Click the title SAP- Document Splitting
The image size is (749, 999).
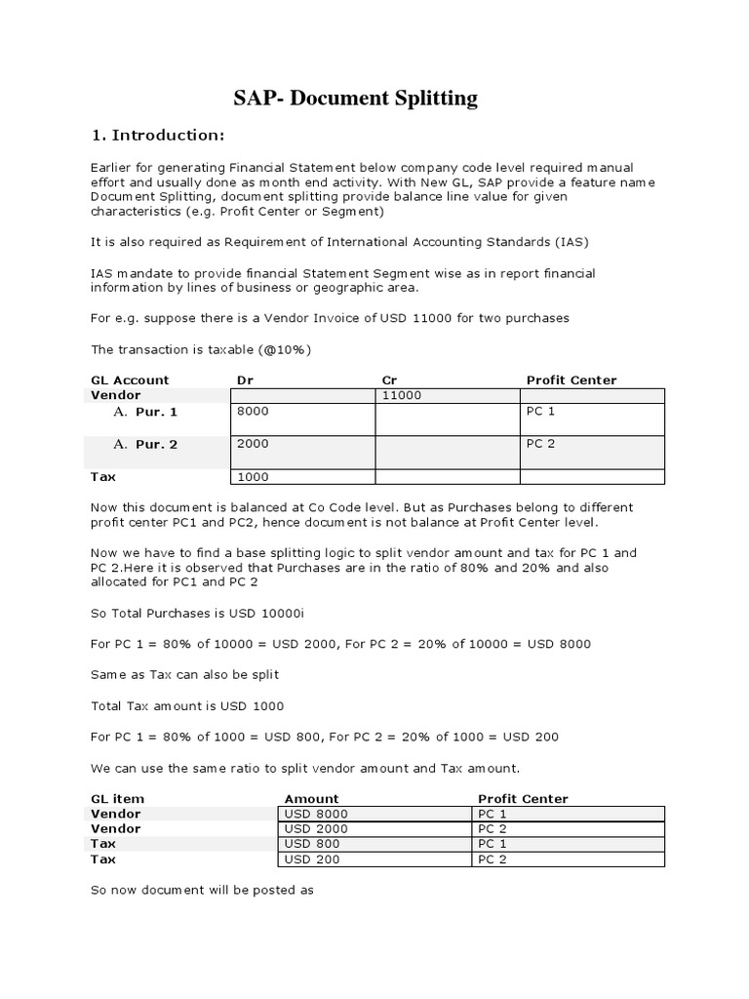(x=356, y=99)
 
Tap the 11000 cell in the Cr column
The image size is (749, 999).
(x=402, y=396)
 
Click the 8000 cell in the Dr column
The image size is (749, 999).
(x=253, y=413)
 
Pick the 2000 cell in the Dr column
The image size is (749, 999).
(x=253, y=444)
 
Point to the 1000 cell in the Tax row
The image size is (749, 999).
(x=253, y=477)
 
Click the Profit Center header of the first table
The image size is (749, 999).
(x=572, y=380)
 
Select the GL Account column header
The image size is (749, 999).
(x=130, y=380)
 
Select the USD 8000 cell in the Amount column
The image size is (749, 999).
(x=316, y=814)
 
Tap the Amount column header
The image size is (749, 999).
(x=312, y=799)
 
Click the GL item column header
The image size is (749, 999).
(x=117, y=799)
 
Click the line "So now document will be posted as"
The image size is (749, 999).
(x=202, y=891)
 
